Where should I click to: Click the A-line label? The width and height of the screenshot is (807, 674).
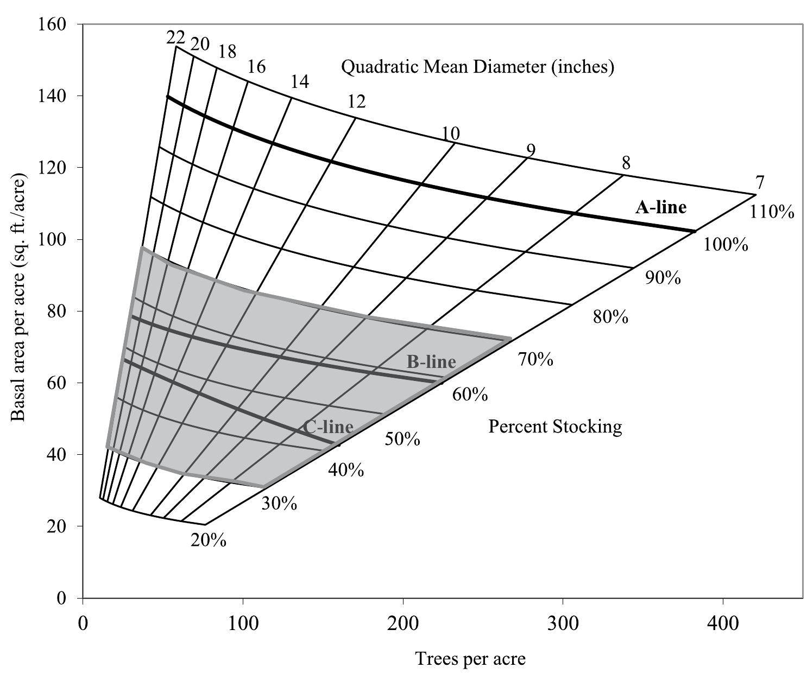pos(660,207)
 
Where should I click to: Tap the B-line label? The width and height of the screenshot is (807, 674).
pos(431,361)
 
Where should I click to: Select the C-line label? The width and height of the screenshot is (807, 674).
pos(328,427)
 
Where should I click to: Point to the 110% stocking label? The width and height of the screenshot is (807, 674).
pos(772,212)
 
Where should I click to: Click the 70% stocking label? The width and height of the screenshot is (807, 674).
pos(535,359)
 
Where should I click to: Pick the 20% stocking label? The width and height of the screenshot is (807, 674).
pos(209,541)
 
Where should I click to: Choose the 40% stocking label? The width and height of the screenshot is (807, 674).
pos(346,470)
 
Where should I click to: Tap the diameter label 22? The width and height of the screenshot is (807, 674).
pos(175,37)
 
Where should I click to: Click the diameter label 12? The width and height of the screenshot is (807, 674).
pos(356,101)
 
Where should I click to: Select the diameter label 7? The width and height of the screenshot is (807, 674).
pos(759,183)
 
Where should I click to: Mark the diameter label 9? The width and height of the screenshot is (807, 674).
pos(531,150)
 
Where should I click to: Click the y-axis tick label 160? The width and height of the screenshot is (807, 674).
pos(53,24)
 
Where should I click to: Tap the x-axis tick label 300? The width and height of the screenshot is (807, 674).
pos(563,623)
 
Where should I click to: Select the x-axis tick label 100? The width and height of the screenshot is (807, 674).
pos(243,623)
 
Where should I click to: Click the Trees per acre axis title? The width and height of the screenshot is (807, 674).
pos(470,659)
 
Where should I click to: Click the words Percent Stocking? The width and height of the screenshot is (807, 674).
pos(555,427)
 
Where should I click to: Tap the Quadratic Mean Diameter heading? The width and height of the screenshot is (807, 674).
pos(477,67)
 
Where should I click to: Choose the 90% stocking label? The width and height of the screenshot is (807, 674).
pos(663,278)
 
